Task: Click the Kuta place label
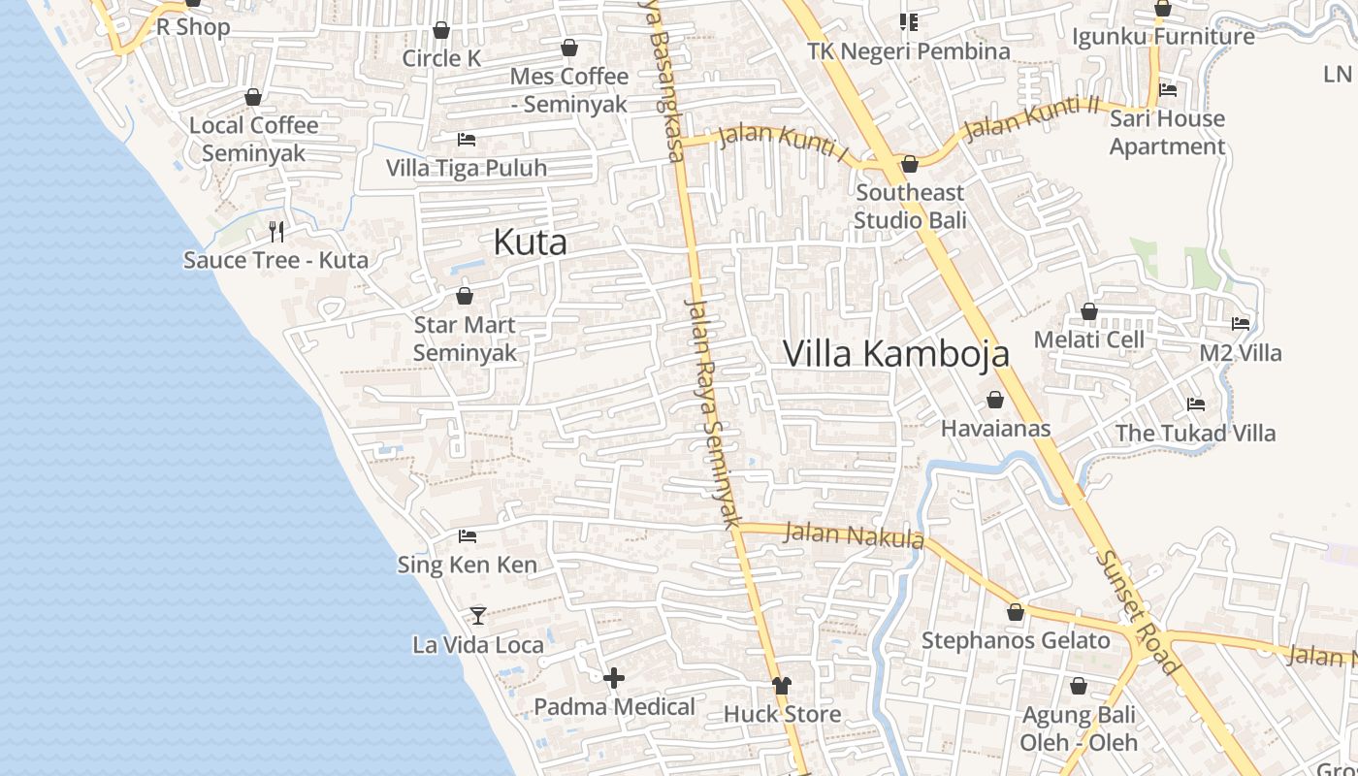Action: (530, 242)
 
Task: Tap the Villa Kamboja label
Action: (895, 354)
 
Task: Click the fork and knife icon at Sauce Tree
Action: (276, 231)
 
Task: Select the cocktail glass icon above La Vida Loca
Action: (477, 615)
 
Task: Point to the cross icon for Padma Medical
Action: (613, 678)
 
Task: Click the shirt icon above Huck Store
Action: (782, 686)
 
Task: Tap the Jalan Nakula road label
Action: (853, 534)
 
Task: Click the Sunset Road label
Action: (1138, 612)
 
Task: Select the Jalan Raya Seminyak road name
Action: (713, 411)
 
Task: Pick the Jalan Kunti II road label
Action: (1033, 117)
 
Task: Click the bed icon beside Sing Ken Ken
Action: (468, 535)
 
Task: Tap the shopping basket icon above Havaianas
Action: (994, 400)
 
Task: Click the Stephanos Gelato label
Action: (1016, 640)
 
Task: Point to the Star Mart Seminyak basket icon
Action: (465, 296)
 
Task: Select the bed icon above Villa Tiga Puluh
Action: (467, 140)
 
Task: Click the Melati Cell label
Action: (1088, 339)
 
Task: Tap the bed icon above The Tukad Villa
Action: (1195, 404)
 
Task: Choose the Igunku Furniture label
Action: (1163, 37)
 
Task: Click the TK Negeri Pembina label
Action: (909, 50)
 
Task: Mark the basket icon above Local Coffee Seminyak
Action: (253, 97)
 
